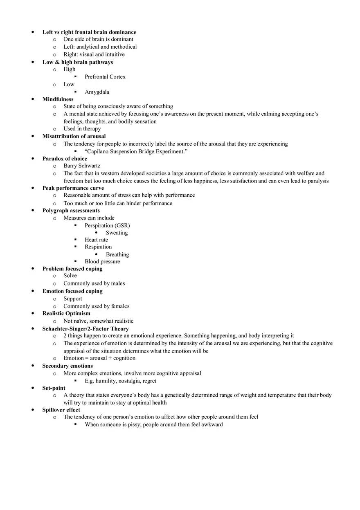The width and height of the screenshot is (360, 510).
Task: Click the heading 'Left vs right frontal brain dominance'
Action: click(89, 32)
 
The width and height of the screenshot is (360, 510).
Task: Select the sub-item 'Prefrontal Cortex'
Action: click(105, 77)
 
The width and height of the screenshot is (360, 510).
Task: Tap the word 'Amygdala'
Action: click(97, 92)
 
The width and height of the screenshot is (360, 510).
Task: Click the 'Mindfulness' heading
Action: click(58, 99)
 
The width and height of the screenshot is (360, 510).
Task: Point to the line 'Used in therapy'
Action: click(82, 129)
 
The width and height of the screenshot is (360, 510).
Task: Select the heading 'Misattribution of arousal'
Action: click(74, 136)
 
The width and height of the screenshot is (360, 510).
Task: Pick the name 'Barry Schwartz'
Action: click(82, 166)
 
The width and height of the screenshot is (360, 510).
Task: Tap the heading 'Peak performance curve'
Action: click(73, 188)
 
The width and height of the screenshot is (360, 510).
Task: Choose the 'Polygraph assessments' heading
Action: click(71, 211)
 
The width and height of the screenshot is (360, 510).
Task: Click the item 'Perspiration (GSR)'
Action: click(107, 225)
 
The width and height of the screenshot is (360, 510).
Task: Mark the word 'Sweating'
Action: click(117, 233)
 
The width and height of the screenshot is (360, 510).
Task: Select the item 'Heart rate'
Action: click(97, 240)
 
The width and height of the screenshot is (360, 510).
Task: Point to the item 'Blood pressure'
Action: click(102, 262)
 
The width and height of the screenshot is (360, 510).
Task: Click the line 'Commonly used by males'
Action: click(94, 283)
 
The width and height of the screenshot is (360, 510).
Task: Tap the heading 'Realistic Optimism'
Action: click(66, 313)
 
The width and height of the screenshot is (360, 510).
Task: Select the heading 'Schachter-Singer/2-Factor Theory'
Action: click(85, 329)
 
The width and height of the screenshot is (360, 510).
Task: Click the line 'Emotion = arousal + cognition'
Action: click(99, 358)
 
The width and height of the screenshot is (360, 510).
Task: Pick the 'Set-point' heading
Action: click(54, 388)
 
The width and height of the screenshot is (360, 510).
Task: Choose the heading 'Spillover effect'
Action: click(61, 410)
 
